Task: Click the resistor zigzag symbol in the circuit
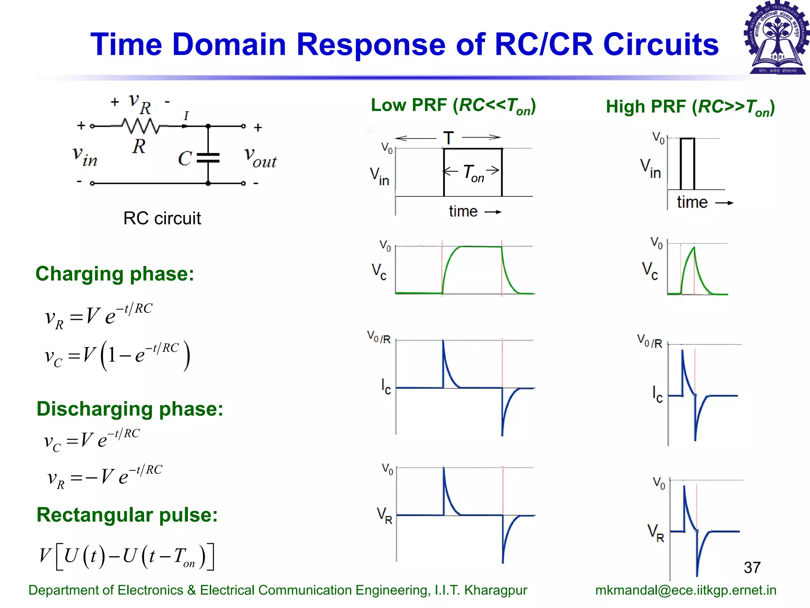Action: tap(140, 126)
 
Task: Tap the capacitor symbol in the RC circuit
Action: tap(208, 158)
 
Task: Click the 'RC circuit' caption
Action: tap(162, 218)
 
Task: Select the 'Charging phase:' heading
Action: tap(115, 274)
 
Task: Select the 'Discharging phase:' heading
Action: tap(130, 408)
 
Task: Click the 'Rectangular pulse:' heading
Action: tap(127, 515)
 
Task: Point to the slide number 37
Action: tap(752, 567)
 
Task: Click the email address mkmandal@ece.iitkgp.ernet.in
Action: tap(685, 590)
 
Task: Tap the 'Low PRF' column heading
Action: tap(453, 106)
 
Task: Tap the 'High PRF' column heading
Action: tap(690, 107)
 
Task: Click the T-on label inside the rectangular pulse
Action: tap(473, 173)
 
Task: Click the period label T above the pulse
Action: tap(448, 138)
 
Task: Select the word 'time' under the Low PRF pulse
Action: tap(463, 211)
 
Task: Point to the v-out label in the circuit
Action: tap(260, 158)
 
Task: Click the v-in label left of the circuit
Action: tap(85, 156)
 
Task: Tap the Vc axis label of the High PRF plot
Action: tap(650, 271)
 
